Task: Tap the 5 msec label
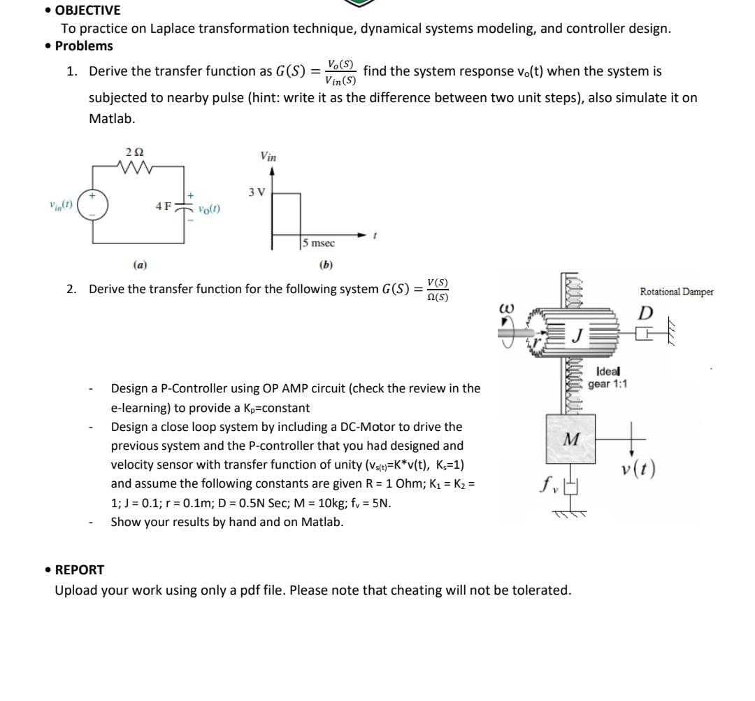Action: click(x=319, y=243)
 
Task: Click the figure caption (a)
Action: click(x=140, y=265)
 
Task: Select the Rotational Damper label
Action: click(x=676, y=292)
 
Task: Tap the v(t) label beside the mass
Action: click(x=638, y=468)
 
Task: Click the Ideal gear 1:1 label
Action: click(x=607, y=378)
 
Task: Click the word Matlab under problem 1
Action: click(x=112, y=118)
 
